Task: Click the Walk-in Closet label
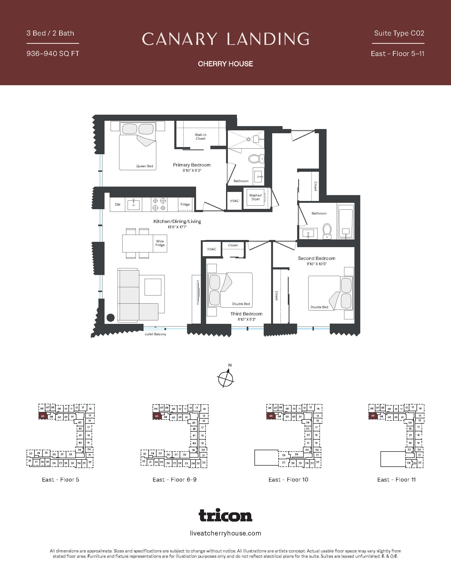200,137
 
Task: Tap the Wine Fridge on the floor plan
160,243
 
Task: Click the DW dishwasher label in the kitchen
118,205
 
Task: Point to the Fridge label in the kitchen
185,204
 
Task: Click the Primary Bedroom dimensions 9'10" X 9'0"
192,171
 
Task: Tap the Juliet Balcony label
155,334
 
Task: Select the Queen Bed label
145,166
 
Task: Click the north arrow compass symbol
226,378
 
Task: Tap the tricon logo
226,515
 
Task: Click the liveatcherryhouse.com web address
226,534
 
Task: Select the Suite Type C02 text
399,33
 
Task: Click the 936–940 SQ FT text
53,54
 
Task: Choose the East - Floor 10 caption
288,480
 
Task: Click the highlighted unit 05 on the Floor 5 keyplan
43,416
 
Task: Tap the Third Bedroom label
246,314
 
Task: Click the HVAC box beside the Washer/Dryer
234,201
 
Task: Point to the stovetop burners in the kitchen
159,204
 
